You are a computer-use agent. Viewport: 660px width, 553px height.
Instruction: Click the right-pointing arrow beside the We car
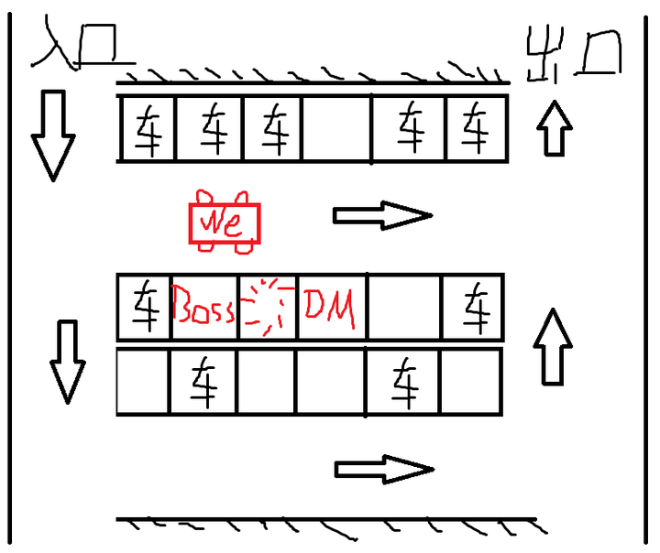click(380, 215)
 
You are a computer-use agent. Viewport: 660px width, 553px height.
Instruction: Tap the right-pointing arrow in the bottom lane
click(382, 470)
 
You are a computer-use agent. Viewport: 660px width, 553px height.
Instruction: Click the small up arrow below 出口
click(555, 127)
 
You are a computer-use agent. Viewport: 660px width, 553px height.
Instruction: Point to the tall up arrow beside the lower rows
click(553, 347)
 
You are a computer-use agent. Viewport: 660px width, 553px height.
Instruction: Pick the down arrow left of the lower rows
click(67, 363)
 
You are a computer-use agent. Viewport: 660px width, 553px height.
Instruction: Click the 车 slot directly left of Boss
click(145, 307)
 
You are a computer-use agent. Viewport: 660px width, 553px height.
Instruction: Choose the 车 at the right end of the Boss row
click(474, 307)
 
